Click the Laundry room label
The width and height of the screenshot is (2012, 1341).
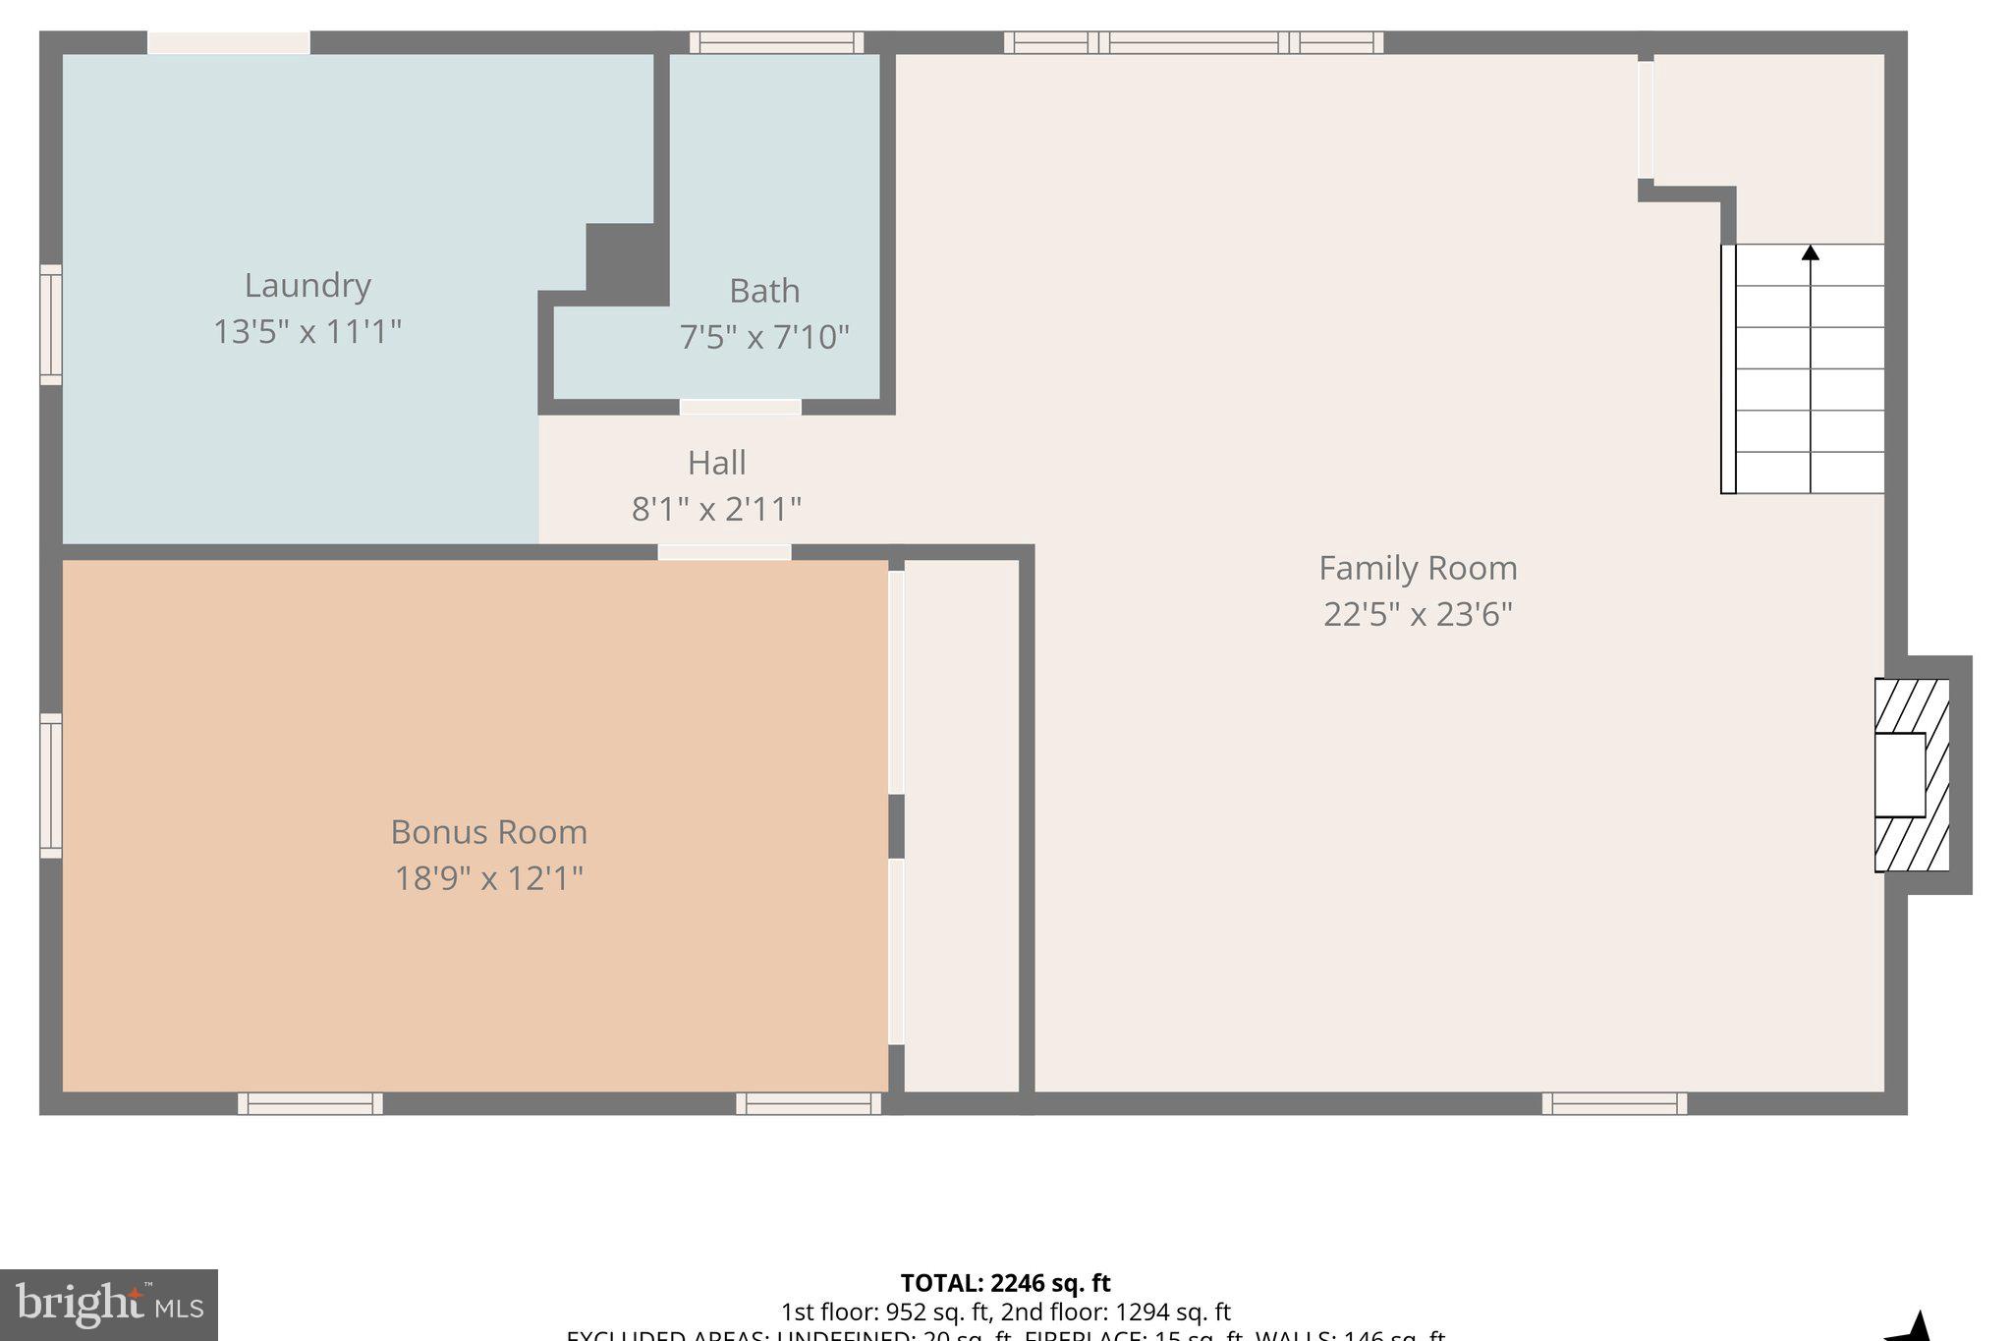coord(307,286)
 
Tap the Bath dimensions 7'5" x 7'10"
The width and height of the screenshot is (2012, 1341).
coord(763,337)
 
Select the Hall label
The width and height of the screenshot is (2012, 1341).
coord(716,463)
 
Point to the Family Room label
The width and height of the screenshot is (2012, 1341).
coord(1417,568)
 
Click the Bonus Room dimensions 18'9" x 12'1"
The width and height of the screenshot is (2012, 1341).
coord(488,877)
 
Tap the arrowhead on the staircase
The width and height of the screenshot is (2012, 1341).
coord(1810,253)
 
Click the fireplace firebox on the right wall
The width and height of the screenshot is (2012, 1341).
coord(1899,775)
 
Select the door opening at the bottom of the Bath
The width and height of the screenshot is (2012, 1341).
coord(741,407)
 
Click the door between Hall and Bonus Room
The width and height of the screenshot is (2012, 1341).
coord(724,552)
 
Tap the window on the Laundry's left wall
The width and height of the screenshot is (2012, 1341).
coord(50,324)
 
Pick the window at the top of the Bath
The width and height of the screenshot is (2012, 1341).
coord(776,42)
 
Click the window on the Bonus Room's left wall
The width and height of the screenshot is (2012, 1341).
coord(50,786)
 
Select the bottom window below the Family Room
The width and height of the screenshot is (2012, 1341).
coord(1613,1103)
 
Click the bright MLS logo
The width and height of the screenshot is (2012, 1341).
coord(108,1305)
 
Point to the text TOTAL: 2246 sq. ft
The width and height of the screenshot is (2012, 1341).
coord(1004,1283)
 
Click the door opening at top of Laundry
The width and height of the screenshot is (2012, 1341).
coord(229,42)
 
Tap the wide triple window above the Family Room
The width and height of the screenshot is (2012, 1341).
coord(1193,42)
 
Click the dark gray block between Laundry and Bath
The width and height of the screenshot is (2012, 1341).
coord(626,260)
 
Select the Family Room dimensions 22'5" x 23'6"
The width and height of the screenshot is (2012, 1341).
coord(1417,614)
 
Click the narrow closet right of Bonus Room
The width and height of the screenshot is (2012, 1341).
coord(961,825)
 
